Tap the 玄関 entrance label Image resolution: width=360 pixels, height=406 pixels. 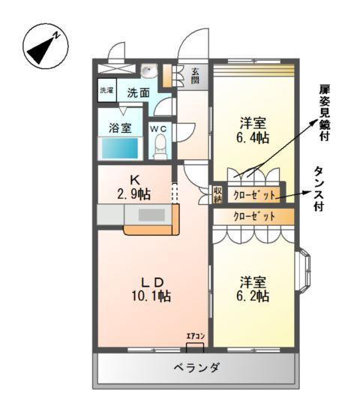coord(195,75)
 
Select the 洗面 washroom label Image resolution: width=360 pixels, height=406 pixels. coord(137,94)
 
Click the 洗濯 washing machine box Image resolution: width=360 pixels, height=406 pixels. coord(106,90)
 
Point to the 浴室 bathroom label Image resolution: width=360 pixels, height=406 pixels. coord(120,127)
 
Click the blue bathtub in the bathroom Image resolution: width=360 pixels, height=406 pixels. coord(120,147)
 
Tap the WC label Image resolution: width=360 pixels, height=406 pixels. coord(159,128)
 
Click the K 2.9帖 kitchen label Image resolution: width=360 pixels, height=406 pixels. coord(136,187)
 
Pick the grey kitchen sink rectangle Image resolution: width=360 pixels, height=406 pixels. coord(151,215)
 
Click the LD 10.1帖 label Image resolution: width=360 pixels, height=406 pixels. coord(154,289)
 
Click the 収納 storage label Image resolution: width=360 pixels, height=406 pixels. coord(217,194)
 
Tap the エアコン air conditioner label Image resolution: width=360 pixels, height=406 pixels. coord(195,338)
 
